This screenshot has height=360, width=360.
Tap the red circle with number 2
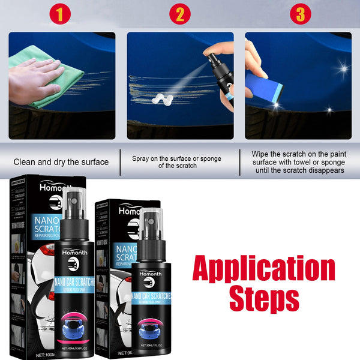tap(180, 14)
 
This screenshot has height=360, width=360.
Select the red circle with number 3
tap(300, 14)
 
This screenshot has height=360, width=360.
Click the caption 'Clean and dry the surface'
tap(61, 161)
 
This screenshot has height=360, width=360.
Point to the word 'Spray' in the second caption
tap(143, 158)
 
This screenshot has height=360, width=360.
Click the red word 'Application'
tap(263, 269)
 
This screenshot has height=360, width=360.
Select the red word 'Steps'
tap(263, 298)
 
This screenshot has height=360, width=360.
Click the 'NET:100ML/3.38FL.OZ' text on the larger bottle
tap(74, 348)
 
